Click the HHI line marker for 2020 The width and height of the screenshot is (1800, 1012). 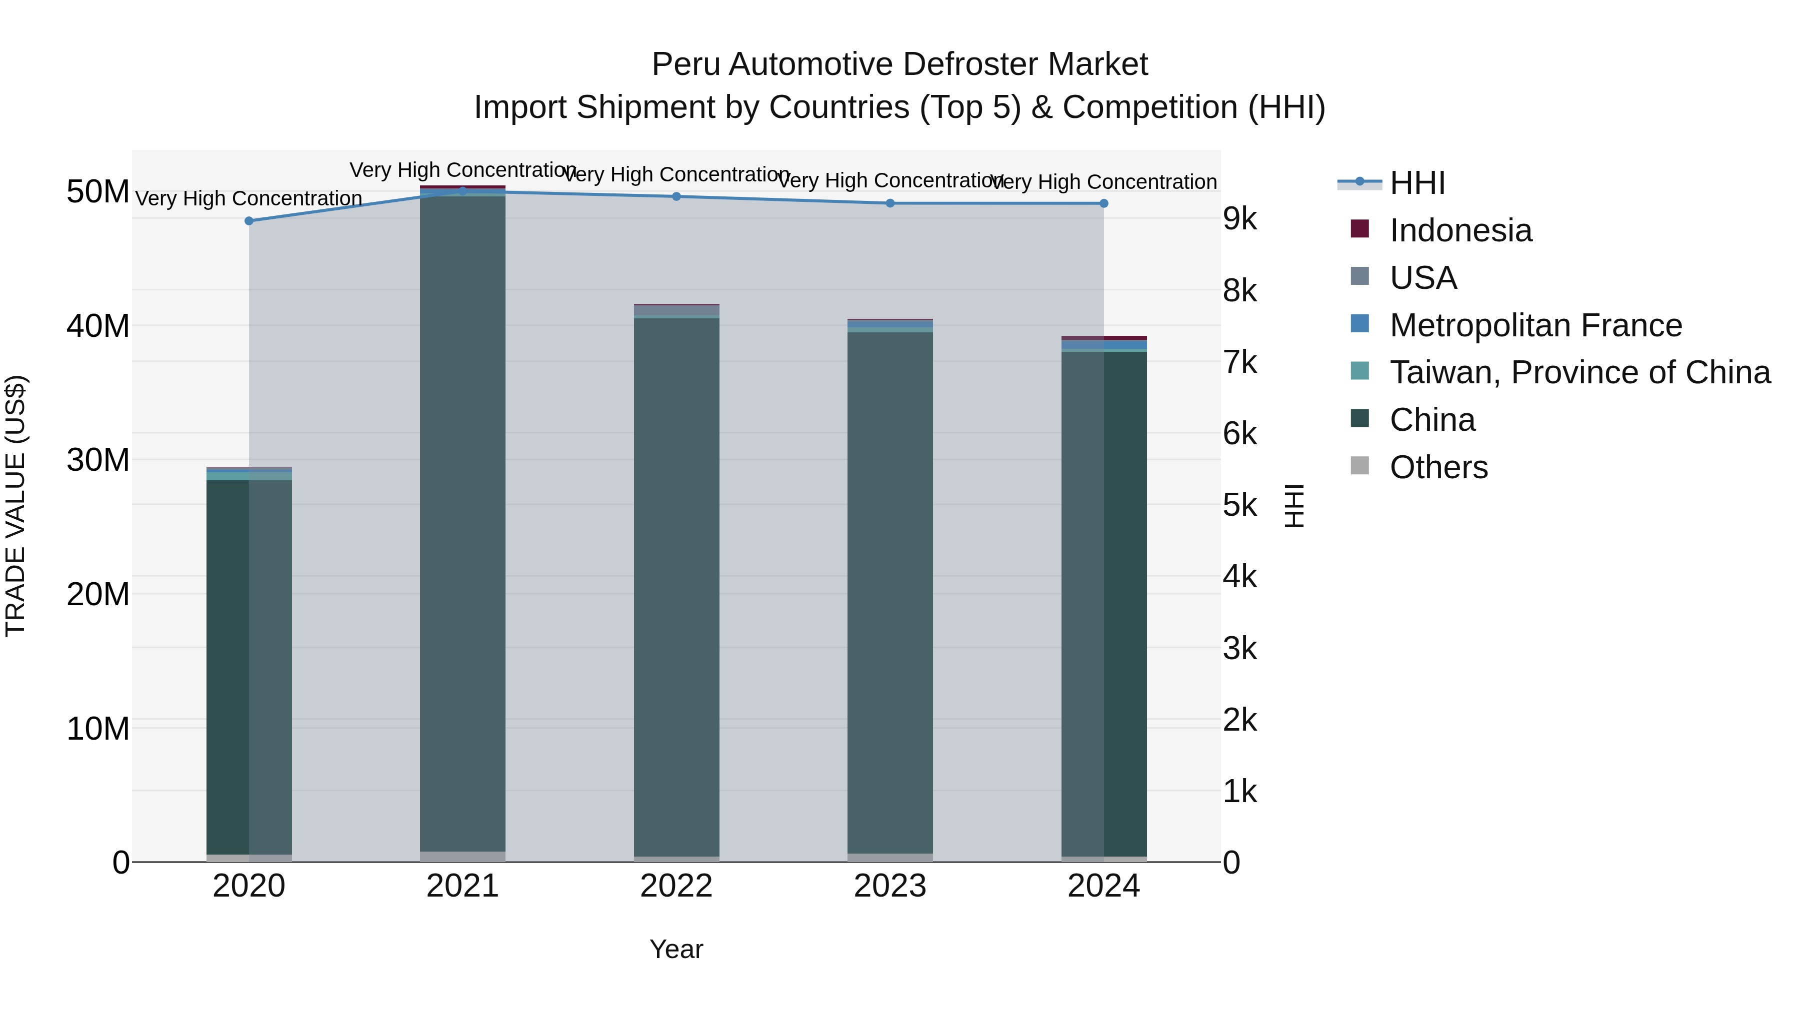[x=249, y=221]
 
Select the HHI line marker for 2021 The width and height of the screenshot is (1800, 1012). [x=462, y=191]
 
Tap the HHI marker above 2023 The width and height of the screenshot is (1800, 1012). [x=889, y=203]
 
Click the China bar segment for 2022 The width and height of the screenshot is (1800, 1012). [x=676, y=587]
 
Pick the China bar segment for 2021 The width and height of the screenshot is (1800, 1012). [x=462, y=524]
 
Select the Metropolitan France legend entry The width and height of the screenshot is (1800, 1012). [x=1535, y=325]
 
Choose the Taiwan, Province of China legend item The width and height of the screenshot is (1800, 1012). [x=1579, y=372]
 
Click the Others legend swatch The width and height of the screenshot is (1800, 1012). [x=1360, y=466]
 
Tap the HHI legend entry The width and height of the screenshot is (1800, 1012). [x=1416, y=183]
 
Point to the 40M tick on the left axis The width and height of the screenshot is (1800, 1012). [x=98, y=326]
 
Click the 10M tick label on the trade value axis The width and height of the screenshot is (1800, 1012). [x=98, y=729]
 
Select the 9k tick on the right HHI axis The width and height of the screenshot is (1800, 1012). [x=1239, y=219]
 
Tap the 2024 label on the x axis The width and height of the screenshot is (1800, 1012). [x=1103, y=886]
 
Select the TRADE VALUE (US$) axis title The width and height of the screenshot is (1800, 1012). [x=15, y=506]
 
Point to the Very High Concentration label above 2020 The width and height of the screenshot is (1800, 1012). [x=249, y=198]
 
